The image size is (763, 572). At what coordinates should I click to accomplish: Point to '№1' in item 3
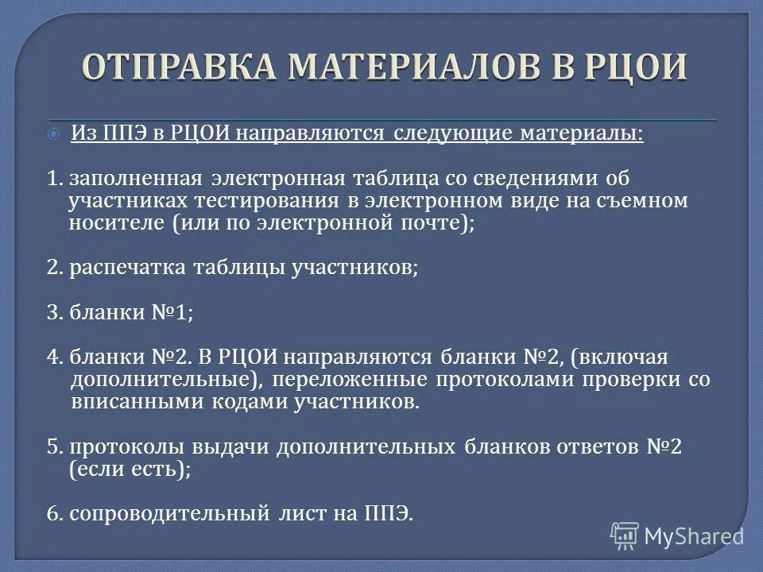click(176, 312)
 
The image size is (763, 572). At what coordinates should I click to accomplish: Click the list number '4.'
click(54, 357)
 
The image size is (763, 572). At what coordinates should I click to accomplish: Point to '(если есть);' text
click(130, 469)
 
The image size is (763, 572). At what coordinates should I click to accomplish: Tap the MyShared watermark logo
click(677, 535)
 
